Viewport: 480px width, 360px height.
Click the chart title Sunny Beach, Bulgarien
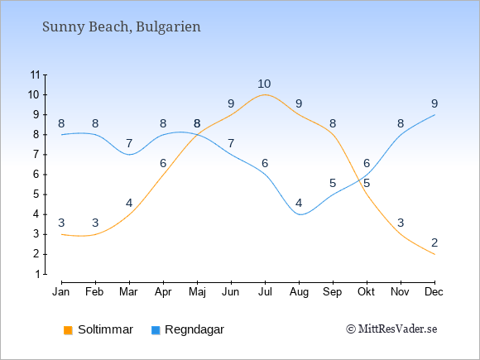[121, 27]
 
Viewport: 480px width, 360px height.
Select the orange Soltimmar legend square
[68, 330]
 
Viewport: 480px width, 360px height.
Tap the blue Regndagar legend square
[156, 330]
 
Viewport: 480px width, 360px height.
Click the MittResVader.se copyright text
[391, 329]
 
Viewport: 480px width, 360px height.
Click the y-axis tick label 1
[37, 274]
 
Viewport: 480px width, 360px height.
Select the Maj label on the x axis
[197, 292]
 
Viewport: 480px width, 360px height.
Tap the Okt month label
[366, 292]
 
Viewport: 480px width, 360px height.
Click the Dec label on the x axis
[434, 292]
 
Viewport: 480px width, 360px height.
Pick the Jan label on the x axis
[61, 292]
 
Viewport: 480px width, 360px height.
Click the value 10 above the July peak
[264, 84]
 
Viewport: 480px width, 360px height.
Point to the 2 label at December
[434, 242]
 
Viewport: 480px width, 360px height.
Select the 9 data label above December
[434, 103]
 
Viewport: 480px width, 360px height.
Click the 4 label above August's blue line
[299, 203]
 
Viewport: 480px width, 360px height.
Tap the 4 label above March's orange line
[129, 203]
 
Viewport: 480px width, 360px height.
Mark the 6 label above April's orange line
[163, 164]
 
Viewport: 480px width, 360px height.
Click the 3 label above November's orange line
[401, 223]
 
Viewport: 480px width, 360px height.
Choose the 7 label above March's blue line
[129, 143]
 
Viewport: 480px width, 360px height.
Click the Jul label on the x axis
[265, 292]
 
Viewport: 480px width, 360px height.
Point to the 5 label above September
[333, 184]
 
